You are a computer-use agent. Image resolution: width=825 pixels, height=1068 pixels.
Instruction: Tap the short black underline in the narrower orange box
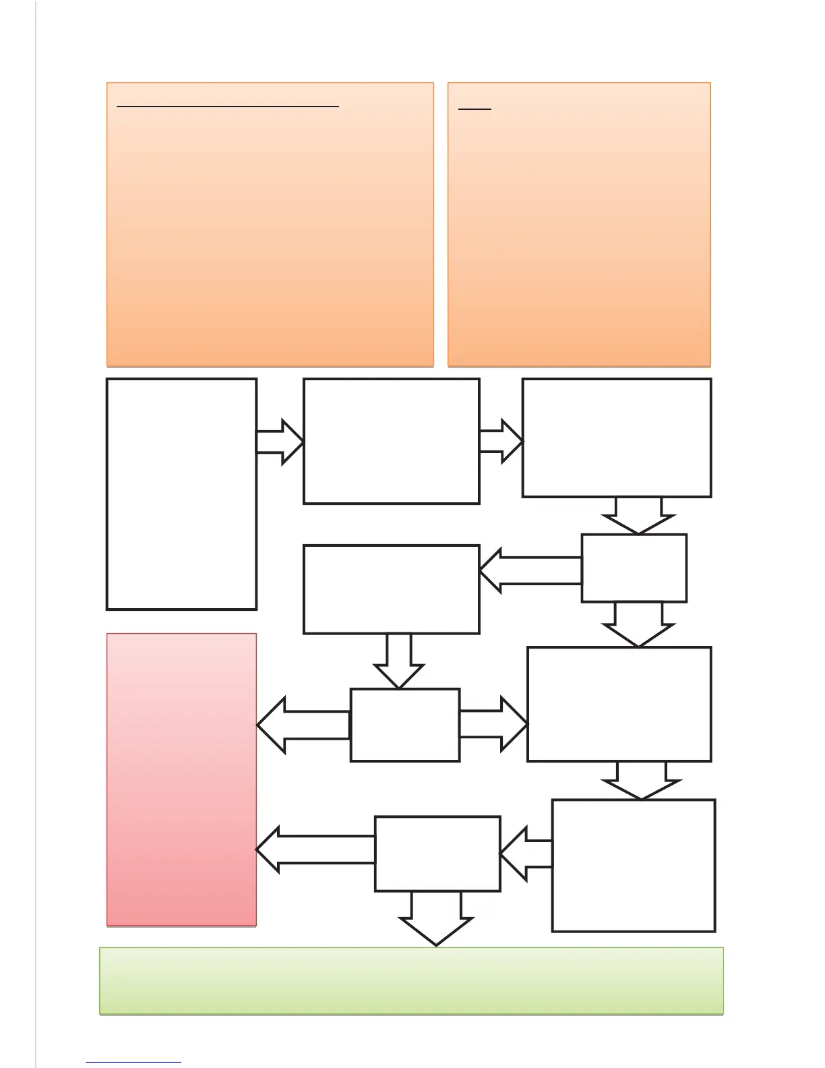pyautogui.click(x=475, y=109)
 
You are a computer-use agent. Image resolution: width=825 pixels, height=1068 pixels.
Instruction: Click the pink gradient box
pyautogui.click(x=181, y=779)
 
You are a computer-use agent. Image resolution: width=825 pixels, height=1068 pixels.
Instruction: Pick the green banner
pyautogui.click(x=411, y=980)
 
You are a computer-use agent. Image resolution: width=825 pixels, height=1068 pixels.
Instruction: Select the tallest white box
pyautogui.click(x=181, y=494)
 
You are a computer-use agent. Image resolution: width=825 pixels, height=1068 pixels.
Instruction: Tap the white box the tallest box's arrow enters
pyautogui.click(x=392, y=441)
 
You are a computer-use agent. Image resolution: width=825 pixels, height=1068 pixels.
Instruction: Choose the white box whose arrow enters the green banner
pyautogui.click(x=437, y=854)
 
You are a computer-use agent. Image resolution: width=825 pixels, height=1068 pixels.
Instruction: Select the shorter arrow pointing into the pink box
pyautogui.click(x=303, y=725)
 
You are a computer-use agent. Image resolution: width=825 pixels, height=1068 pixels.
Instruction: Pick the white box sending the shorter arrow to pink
pyautogui.click(x=405, y=725)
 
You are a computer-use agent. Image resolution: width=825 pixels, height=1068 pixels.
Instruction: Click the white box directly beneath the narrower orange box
pyautogui.click(x=617, y=438)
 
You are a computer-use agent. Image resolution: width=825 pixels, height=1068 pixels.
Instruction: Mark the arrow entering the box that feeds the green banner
pyautogui.click(x=526, y=853)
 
